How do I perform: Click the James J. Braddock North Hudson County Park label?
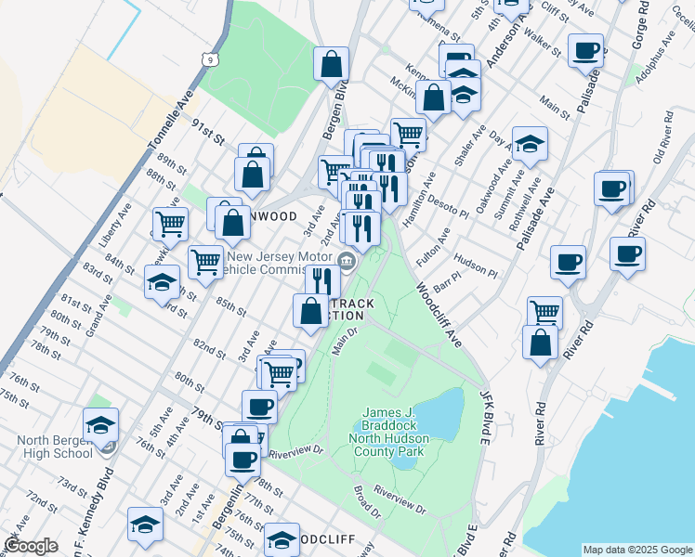(392, 432)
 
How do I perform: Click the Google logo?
(31, 546)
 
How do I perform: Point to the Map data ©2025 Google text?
(637, 550)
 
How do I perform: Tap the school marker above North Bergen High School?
(100, 424)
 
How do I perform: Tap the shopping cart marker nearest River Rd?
(544, 312)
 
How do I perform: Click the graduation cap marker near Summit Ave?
(530, 143)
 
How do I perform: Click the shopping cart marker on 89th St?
(170, 222)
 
